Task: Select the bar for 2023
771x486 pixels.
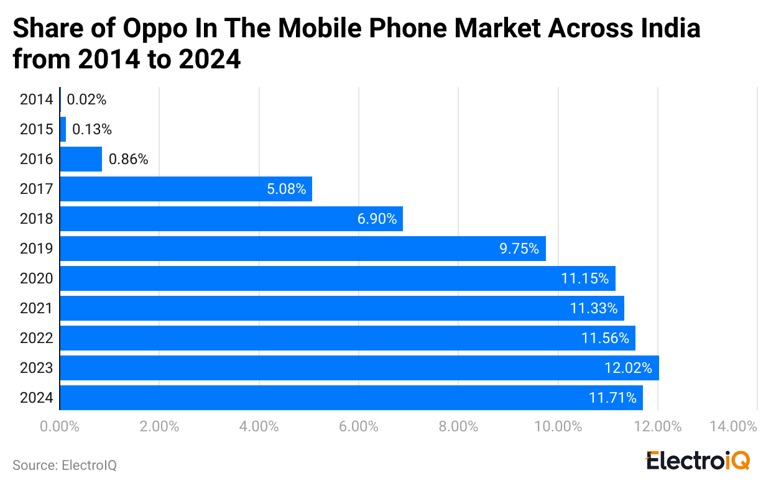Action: click(359, 368)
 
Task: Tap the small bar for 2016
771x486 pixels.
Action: click(81, 159)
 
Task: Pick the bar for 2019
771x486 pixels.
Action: click(302, 249)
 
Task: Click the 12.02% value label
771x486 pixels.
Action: click(628, 368)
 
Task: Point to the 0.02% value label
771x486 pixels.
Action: click(86, 99)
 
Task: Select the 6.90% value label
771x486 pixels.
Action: click(377, 219)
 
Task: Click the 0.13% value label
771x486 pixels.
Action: click(92, 129)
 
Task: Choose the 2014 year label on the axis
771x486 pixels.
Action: click(36, 99)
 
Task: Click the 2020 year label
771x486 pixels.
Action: click(36, 278)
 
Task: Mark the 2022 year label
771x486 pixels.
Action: click(36, 338)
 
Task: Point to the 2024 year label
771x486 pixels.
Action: click(36, 398)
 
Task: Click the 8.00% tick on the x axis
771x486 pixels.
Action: click(458, 427)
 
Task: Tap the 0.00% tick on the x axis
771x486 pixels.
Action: click(60, 427)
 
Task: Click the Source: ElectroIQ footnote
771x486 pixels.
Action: click(65, 465)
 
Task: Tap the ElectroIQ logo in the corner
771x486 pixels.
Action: click(698, 461)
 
